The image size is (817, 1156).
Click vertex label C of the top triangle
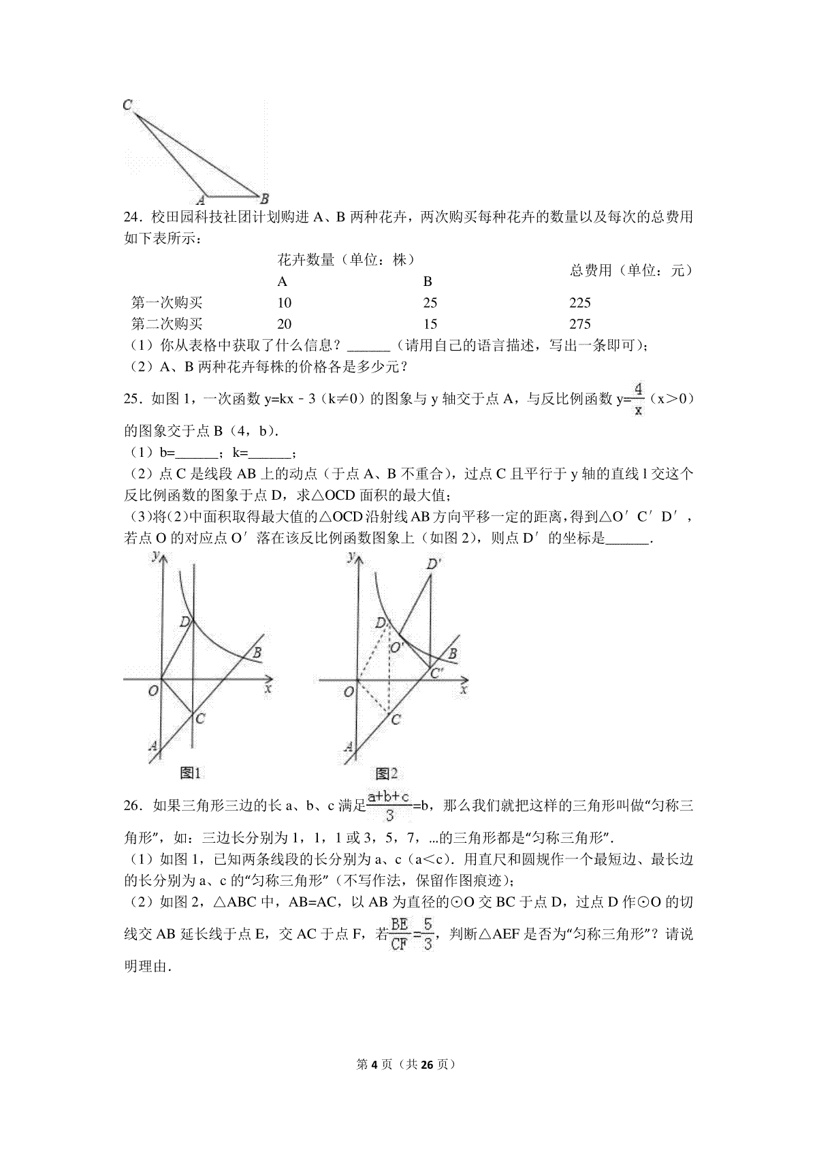click(127, 105)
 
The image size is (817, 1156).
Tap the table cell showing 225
click(579, 303)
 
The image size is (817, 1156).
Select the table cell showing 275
click(579, 324)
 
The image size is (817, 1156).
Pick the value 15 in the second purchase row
click(430, 324)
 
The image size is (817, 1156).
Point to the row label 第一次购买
click(167, 303)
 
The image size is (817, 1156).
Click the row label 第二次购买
click(167, 324)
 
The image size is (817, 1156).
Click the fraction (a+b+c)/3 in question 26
click(389, 806)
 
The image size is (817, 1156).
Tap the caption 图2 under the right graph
click(386, 773)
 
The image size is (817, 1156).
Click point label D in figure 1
click(185, 621)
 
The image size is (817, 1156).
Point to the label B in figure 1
click(257, 654)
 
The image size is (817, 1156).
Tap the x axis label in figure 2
click(464, 690)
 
